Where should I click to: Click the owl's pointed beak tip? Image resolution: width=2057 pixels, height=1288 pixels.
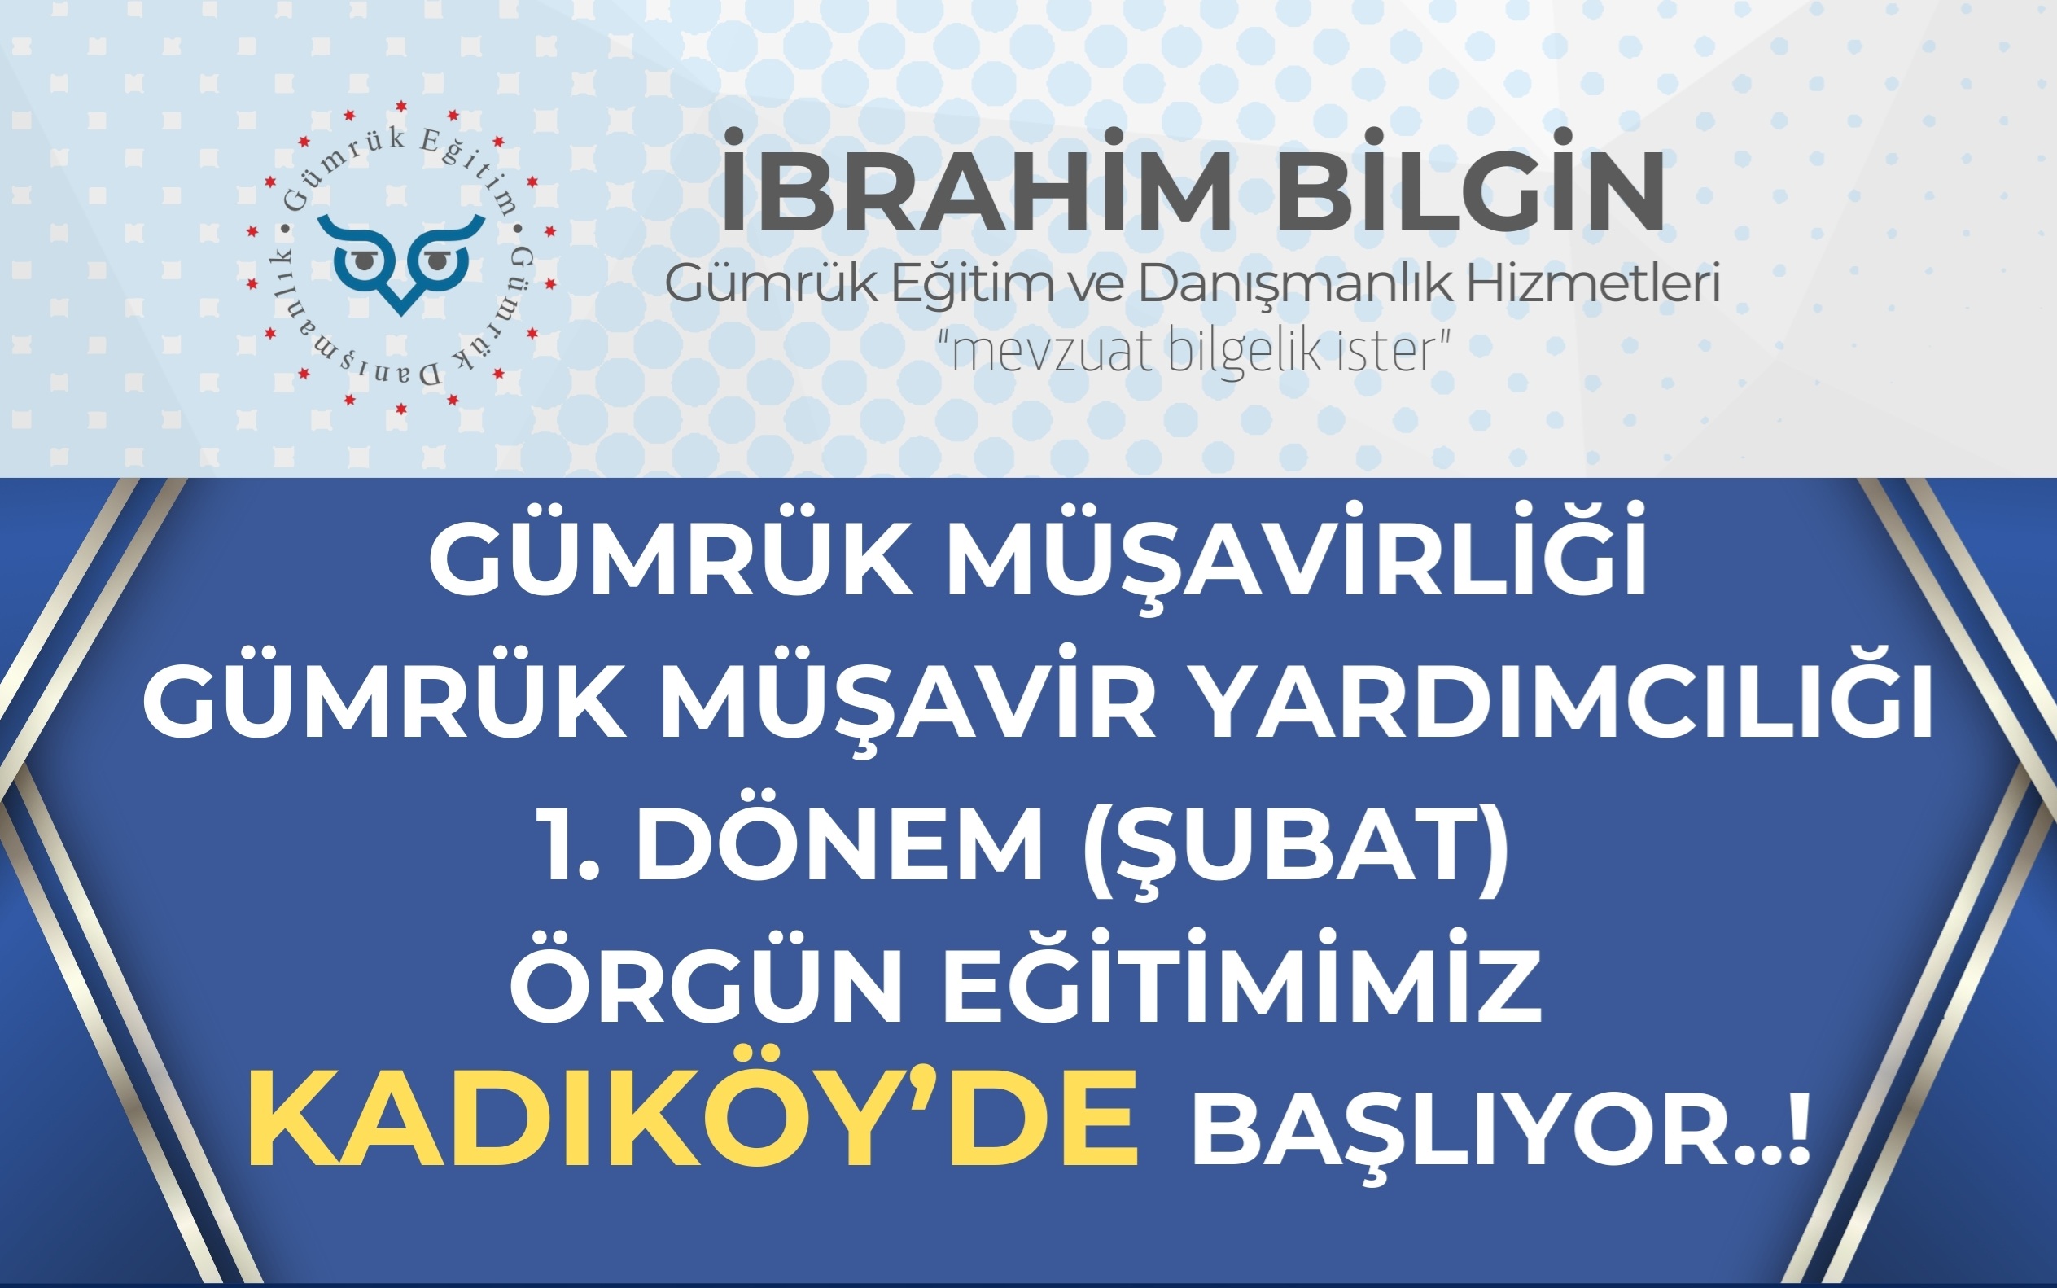[x=400, y=310]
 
